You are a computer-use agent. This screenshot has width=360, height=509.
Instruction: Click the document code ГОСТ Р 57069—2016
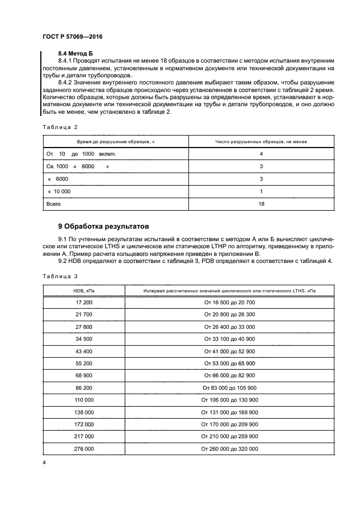72,37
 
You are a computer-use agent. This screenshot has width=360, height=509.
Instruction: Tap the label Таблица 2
60,127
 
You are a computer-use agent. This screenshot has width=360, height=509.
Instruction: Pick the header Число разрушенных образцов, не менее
261,142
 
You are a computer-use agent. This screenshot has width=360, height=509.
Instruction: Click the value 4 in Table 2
261,154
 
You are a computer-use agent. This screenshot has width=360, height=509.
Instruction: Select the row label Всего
53,204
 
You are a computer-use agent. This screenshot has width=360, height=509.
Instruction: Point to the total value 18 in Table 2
261,204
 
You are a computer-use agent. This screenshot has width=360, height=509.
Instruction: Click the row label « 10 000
59,191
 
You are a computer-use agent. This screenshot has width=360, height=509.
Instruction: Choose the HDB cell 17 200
84,302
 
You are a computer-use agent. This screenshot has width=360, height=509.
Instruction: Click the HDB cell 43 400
84,351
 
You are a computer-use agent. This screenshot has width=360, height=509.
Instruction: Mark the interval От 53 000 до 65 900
229,363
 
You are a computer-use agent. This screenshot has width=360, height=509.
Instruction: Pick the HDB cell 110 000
84,400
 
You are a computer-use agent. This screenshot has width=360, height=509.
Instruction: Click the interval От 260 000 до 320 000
229,449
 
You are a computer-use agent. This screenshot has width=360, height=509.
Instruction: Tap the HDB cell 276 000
84,449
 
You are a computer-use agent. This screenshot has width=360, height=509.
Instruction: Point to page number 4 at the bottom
44,463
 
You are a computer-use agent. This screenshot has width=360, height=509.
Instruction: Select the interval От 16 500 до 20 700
229,302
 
